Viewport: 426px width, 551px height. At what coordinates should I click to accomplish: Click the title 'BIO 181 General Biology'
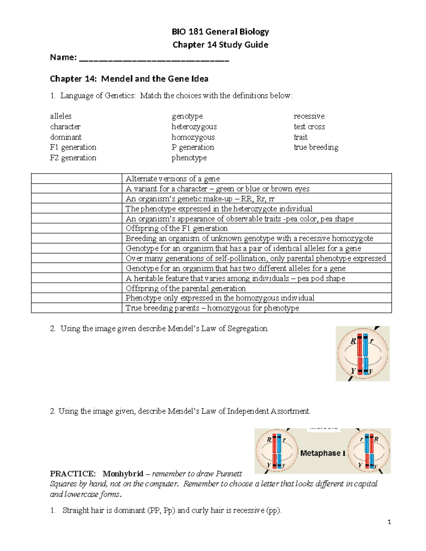pos(220,32)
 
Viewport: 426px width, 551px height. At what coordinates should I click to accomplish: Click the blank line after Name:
pos(154,59)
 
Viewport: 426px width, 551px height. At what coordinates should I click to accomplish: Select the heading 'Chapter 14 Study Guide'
pos(220,45)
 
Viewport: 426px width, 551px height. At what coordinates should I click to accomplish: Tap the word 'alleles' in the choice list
pos(61,116)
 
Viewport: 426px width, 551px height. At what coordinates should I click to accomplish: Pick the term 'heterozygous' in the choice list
pos(194,127)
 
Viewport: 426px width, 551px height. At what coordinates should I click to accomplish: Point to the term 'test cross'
pos(309,127)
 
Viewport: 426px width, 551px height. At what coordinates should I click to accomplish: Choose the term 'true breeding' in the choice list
pos(316,147)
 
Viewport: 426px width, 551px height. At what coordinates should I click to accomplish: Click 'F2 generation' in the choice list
pos(73,158)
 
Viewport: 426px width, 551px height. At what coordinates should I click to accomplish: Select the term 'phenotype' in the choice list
pos(189,158)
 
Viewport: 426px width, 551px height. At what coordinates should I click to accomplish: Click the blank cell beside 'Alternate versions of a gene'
pos(76,178)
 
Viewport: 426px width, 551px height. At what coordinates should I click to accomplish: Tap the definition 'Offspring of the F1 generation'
pos(176,228)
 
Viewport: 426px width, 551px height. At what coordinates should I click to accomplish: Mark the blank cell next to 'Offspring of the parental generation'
pos(76,288)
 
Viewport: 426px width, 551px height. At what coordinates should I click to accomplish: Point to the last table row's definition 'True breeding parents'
pos(212,308)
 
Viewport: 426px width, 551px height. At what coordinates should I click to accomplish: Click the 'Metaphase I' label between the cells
pos(322,453)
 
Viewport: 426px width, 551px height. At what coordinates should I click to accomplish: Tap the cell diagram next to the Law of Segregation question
pos(362,354)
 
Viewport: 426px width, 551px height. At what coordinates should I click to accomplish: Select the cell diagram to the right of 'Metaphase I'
pos(369,451)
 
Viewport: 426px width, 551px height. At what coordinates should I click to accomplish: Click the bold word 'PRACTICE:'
pos(73,474)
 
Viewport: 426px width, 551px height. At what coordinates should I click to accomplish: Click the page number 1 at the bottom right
pos(389,522)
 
